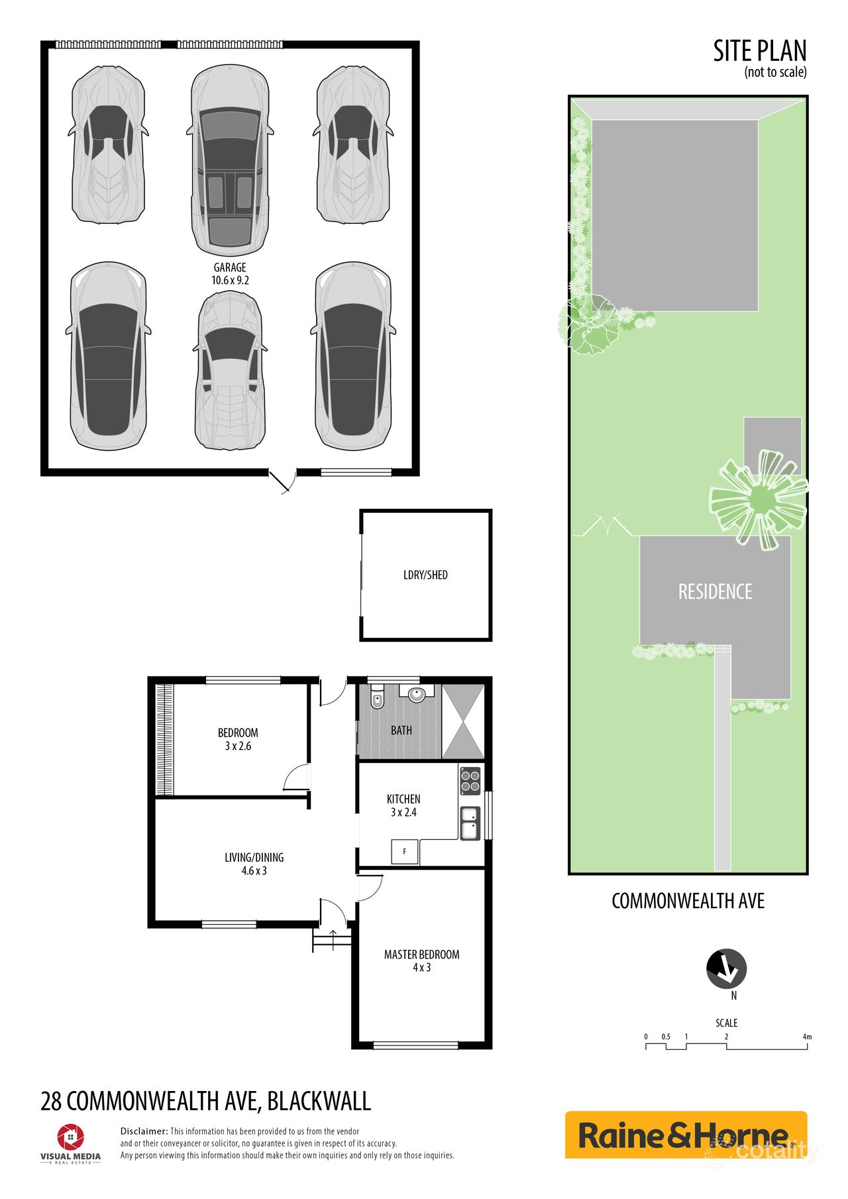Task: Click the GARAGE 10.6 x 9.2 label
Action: click(230, 274)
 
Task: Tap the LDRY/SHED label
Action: click(425, 575)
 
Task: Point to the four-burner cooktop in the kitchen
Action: click(470, 781)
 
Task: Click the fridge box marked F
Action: click(405, 851)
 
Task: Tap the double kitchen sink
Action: click(470, 823)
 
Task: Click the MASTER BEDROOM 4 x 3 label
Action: click(421, 961)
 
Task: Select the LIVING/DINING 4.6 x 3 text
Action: click(254, 864)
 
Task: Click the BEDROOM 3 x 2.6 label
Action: click(238, 739)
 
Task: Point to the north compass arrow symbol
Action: click(727, 969)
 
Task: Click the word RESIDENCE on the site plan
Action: click(715, 592)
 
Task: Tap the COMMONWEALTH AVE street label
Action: click(688, 901)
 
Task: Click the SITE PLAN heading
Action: click(759, 52)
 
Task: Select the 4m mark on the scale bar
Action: click(806, 1037)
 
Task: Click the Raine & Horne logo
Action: click(685, 1135)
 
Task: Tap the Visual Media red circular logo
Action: click(70, 1137)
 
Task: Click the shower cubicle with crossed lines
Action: click(463, 722)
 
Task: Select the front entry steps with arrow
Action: click(332, 939)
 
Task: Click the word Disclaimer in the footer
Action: click(144, 1131)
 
